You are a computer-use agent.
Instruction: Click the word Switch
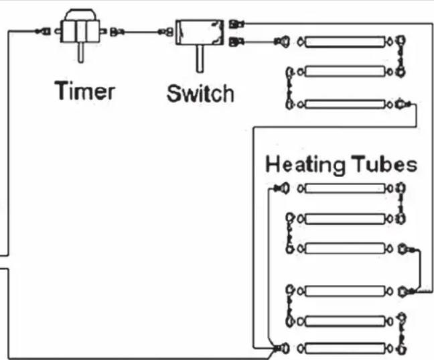point(200,93)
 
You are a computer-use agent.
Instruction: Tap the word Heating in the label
point(305,164)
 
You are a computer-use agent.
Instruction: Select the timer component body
point(80,29)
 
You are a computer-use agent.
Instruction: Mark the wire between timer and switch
point(140,30)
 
